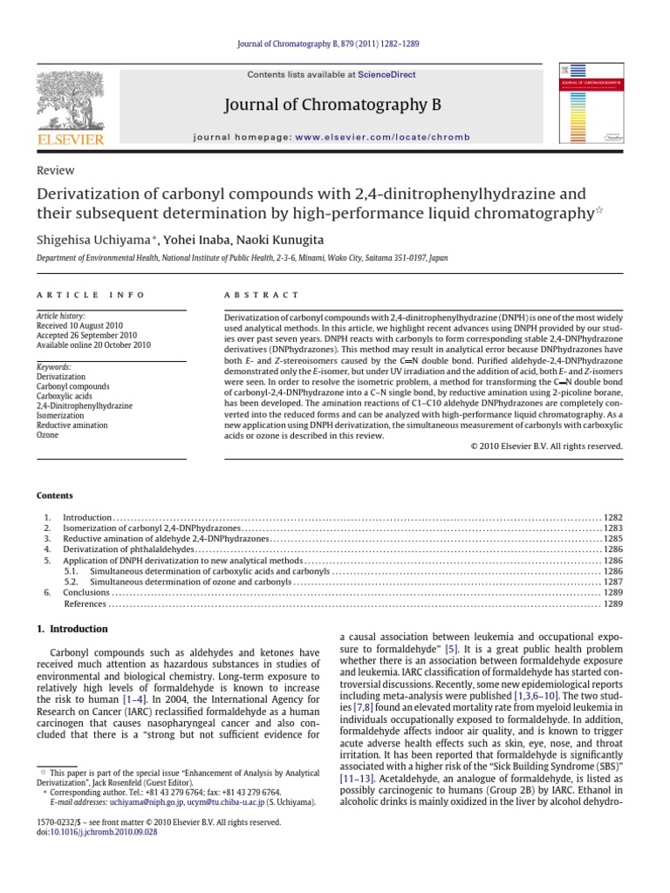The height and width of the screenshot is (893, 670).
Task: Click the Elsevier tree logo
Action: (x=69, y=103)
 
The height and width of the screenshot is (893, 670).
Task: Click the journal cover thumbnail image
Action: (x=591, y=102)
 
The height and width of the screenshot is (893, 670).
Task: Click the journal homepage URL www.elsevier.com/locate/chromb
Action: (x=382, y=138)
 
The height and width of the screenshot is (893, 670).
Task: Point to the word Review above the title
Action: (x=55, y=171)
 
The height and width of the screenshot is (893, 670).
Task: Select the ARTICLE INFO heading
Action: (x=76, y=297)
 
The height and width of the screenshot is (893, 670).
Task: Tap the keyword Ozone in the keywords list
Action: (x=48, y=434)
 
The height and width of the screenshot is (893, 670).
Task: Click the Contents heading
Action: (x=54, y=495)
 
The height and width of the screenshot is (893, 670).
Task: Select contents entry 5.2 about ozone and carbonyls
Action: (x=192, y=582)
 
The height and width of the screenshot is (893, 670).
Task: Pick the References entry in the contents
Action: (x=85, y=603)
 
